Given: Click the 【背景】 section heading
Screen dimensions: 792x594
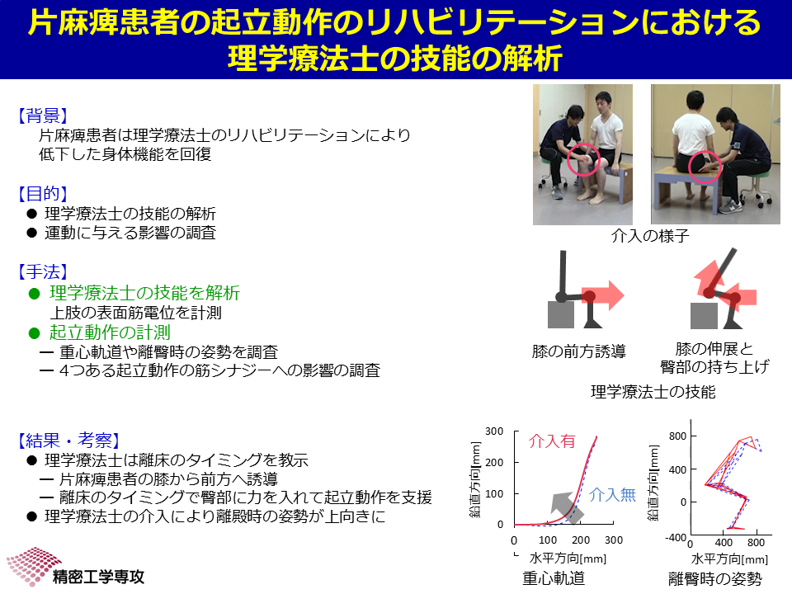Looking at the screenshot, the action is click(43, 115).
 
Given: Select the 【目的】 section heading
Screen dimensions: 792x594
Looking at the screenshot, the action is click(43, 193).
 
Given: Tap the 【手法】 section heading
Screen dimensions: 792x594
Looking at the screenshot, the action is click(43, 271).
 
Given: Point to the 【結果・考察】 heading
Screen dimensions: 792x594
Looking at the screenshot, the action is click(68, 441).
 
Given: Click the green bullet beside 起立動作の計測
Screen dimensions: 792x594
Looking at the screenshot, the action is click(35, 332).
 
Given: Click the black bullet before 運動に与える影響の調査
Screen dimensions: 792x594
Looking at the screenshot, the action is click(32, 233).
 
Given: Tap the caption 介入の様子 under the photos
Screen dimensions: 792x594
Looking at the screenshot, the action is click(650, 235).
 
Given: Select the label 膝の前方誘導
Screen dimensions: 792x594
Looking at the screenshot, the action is click(579, 351).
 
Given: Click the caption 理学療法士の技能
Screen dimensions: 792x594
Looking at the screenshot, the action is click(653, 391).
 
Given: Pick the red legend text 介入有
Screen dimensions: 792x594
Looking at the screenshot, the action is click(552, 441).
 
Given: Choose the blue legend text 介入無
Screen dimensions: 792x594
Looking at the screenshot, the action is click(612, 494).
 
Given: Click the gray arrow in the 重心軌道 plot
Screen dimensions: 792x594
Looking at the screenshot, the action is click(567, 507).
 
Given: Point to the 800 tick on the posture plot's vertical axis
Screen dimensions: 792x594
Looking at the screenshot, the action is click(677, 436).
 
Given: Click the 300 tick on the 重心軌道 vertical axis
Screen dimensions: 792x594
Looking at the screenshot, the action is click(494, 431).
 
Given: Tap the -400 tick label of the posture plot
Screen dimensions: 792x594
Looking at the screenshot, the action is click(676, 537).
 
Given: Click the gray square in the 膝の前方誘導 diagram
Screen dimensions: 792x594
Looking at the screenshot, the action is click(561, 314).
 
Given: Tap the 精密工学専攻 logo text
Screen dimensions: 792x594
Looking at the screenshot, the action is click(98, 577).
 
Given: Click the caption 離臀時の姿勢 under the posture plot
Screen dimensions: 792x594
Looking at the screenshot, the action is click(715, 578).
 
